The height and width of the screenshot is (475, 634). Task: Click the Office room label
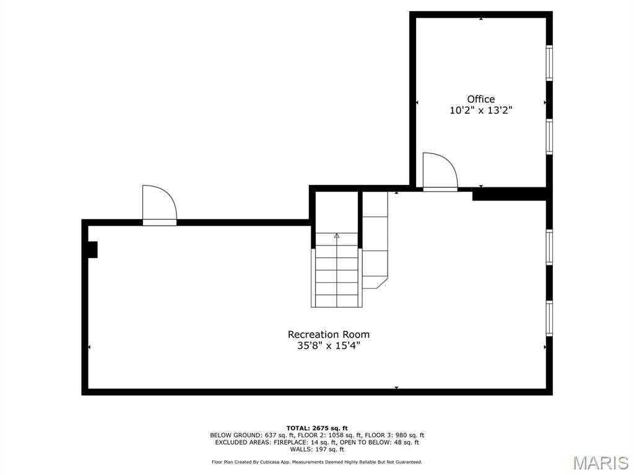(x=480, y=99)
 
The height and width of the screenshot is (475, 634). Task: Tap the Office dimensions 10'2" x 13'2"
(x=480, y=111)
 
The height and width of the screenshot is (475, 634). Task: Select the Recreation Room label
(x=328, y=335)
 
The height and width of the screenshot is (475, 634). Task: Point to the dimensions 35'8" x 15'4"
(x=328, y=346)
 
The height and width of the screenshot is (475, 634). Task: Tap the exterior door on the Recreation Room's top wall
(x=159, y=205)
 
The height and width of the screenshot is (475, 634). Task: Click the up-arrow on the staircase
(x=337, y=236)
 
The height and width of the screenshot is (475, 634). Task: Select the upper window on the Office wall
(x=549, y=63)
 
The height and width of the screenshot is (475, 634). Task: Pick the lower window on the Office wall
(x=549, y=136)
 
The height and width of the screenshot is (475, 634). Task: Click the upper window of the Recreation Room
(x=549, y=247)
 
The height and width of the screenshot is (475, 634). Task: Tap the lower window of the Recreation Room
(x=549, y=318)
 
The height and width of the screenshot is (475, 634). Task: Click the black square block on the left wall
(x=93, y=249)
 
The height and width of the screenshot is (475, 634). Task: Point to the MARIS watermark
(x=600, y=462)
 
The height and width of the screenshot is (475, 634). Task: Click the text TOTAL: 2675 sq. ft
(x=317, y=428)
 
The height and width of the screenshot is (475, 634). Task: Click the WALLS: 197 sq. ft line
(x=317, y=450)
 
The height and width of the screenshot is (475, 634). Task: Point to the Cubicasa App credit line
(x=317, y=462)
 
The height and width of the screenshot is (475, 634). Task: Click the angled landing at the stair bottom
(x=375, y=282)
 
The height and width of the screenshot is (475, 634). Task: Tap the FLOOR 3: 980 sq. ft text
(x=396, y=435)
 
